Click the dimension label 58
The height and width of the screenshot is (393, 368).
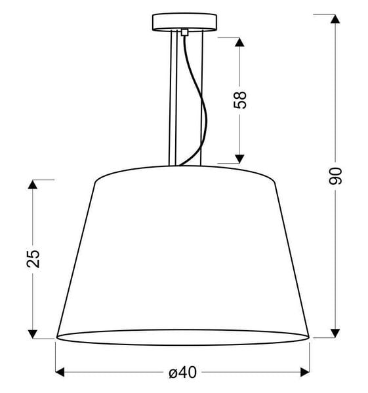tap(240, 100)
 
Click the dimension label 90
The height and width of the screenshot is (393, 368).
tap(335, 176)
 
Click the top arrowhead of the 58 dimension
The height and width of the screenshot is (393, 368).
tap(240, 42)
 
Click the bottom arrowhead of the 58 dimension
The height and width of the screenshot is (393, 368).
tap(240, 158)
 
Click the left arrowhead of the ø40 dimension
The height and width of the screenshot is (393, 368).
tap(60, 373)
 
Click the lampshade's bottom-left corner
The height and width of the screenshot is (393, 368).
tap(56, 337)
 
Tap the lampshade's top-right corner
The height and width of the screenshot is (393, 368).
tap(274, 179)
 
